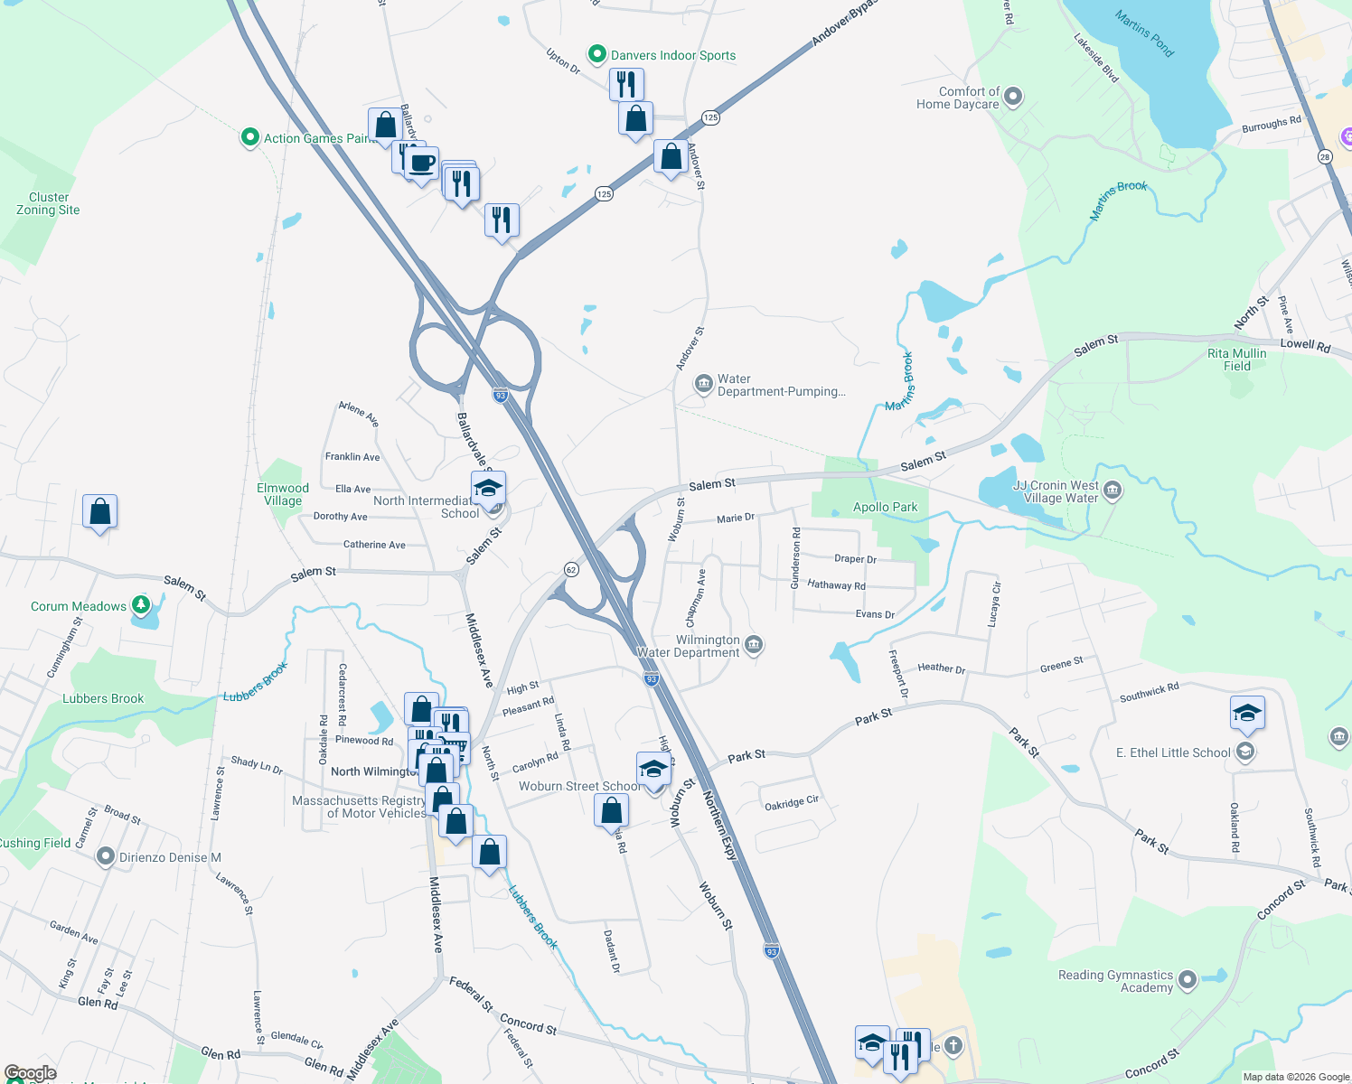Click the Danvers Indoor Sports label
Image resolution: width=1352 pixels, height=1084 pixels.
click(x=673, y=55)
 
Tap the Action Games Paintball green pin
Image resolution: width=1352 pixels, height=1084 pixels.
click(x=249, y=137)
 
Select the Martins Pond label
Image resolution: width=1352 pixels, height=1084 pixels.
click(x=1144, y=33)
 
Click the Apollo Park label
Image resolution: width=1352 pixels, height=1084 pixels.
click(x=885, y=508)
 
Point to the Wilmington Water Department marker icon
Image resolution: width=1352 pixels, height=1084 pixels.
click(x=755, y=645)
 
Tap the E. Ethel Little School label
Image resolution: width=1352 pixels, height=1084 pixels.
click(x=1173, y=752)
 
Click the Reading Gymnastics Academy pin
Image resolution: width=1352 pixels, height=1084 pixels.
click(x=1188, y=980)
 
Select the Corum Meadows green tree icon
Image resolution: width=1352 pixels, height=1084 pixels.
click(x=140, y=604)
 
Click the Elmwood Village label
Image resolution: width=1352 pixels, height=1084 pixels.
click(x=283, y=494)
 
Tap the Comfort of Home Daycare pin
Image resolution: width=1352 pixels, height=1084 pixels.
click(x=1013, y=96)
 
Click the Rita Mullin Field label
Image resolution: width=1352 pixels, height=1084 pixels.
click(x=1236, y=360)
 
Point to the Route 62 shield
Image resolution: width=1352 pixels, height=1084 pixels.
click(x=570, y=570)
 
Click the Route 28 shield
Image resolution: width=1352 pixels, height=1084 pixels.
click(x=1325, y=157)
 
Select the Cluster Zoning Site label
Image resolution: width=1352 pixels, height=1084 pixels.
click(x=48, y=203)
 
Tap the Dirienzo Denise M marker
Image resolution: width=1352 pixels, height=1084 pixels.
click(x=105, y=856)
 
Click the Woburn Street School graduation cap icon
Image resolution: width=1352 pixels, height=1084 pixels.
click(x=653, y=770)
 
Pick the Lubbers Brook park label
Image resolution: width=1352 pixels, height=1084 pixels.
click(x=103, y=698)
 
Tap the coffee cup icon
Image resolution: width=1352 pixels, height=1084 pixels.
click(x=421, y=164)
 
